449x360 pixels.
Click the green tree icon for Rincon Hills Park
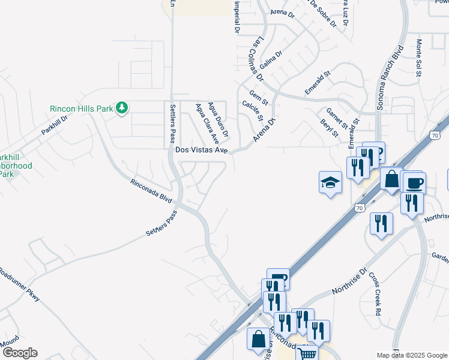[122, 108]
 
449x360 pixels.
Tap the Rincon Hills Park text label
[81, 109]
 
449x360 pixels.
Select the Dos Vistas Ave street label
[201, 151]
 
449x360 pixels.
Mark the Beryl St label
[330, 128]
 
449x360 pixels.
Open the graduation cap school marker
[330, 182]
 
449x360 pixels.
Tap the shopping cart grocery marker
[308, 354]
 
